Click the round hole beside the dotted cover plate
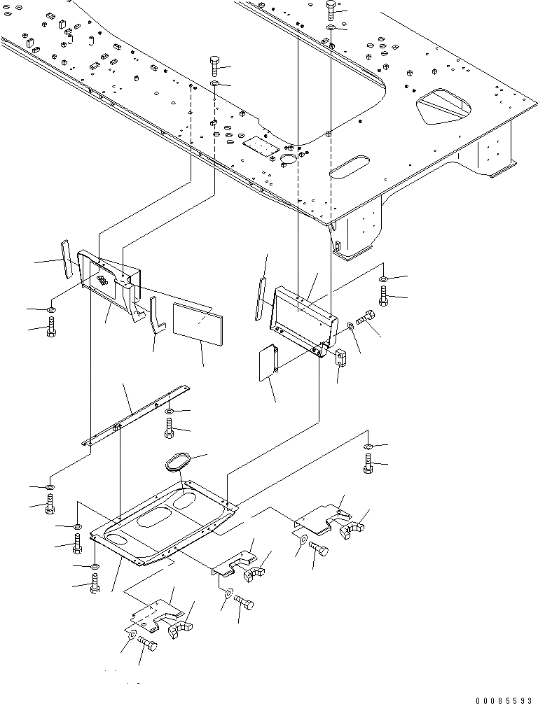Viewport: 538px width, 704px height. coord(288,161)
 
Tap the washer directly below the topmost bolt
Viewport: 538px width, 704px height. coord(331,28)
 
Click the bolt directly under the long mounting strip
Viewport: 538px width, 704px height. coord(170,428)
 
